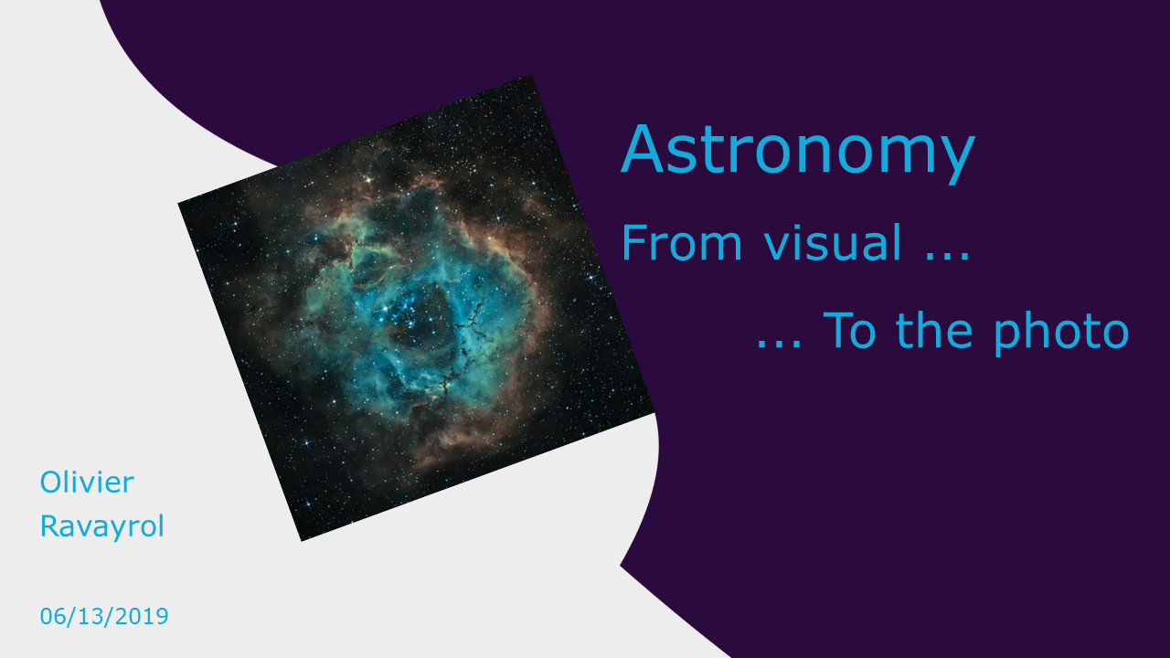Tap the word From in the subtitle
click(x=682, y=243)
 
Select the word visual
click(x=833, y=242)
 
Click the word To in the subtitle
click(x=849, y=331)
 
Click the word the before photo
click(x=934, y=330)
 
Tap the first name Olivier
click(x=87, y=482)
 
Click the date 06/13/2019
click(x=104, y=617)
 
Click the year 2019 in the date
click(x=142, y=617)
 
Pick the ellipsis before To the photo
click(x=779, y=345)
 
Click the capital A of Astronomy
click(x=642, y=149)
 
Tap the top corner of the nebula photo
click(x=532, y=75)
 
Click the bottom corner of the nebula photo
click(x=302, y=541)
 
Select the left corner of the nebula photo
click(x=178, y=203)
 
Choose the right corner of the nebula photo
click(x=655, y=412)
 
